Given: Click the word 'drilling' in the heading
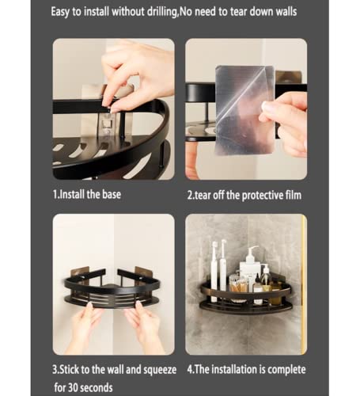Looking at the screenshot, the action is tap(162, 12).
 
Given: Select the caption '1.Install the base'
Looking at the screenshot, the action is tap(87, 195).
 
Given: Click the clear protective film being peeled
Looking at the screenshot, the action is tap(244, 110).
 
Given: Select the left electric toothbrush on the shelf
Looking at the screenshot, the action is tap(214, 271).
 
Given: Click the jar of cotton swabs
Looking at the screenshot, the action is tap(238, 287).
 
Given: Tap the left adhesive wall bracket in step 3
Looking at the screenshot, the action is tap(81, 275).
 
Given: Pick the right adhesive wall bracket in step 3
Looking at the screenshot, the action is tap(144, 274).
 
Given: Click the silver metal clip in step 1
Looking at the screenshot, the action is tap(108, 125).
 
